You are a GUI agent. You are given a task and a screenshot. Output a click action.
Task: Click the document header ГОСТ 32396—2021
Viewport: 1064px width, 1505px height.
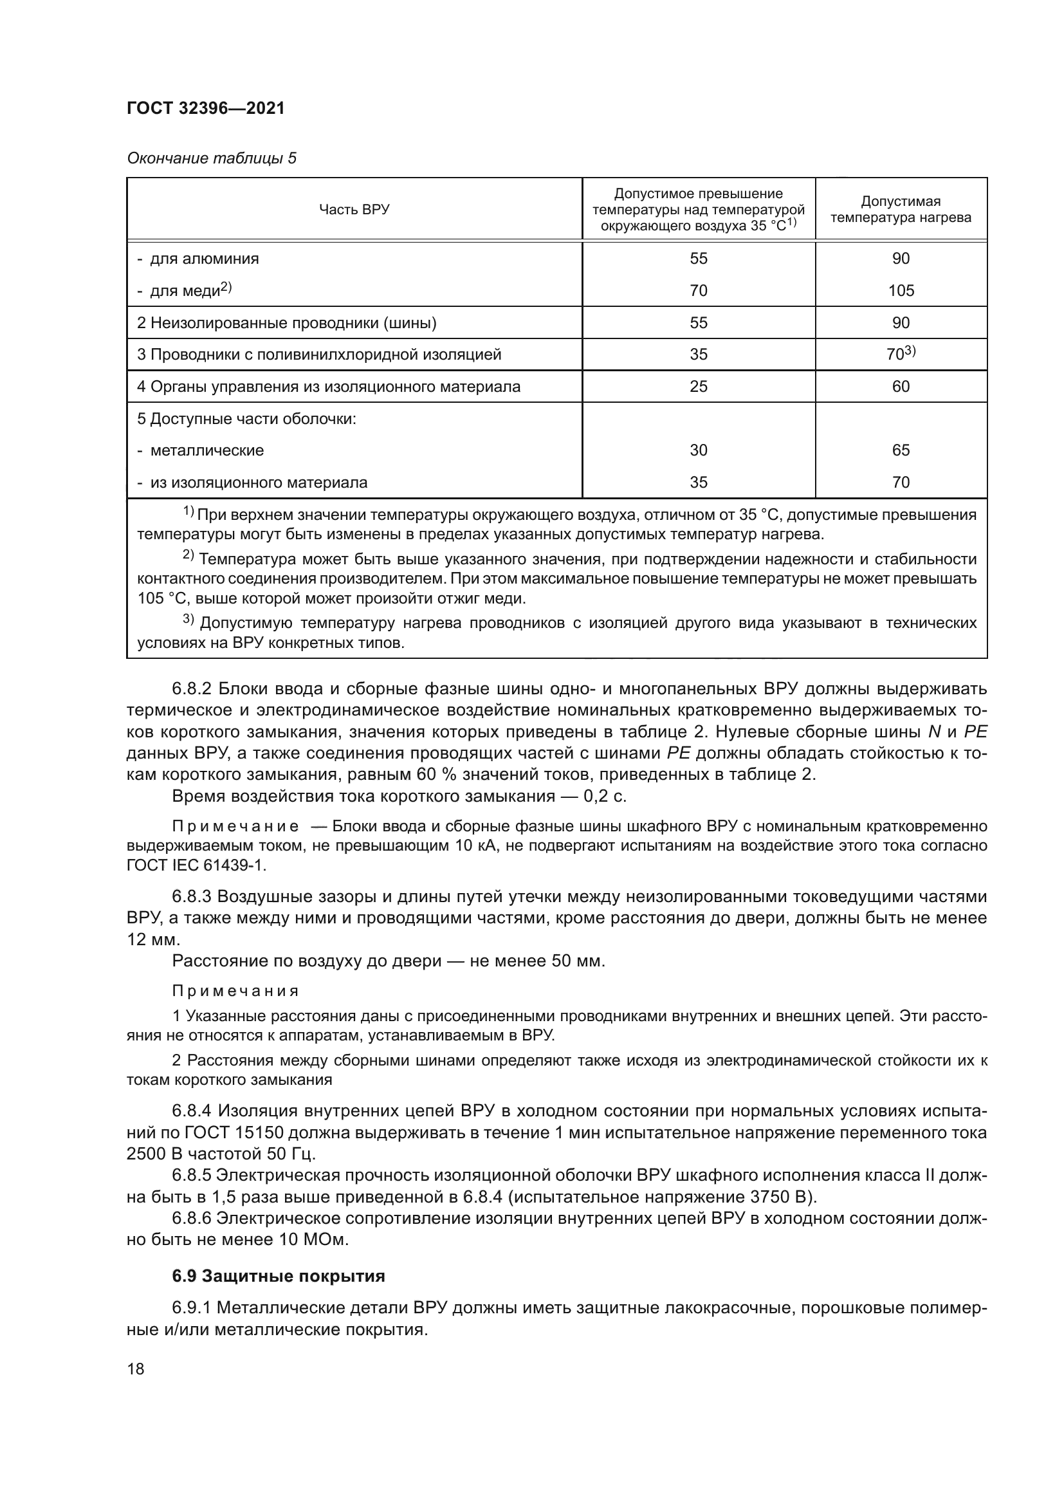206,109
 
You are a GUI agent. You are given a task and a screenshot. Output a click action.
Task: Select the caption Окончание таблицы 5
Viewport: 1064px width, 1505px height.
211,159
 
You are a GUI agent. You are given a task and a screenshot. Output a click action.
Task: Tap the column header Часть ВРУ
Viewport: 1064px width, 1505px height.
354,210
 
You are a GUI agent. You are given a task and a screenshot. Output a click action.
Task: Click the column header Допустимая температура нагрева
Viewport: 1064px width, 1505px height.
901,210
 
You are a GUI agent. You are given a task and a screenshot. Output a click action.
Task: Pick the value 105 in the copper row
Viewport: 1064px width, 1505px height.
901,290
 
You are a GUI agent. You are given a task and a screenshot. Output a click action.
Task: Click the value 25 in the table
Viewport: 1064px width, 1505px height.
699,386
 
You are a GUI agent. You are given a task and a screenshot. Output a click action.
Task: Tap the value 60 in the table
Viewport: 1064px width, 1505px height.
901,386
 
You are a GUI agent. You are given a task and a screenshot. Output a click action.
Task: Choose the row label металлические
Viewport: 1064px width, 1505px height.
207,450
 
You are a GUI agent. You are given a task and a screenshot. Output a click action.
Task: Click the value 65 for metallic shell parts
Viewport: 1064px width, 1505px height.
901,450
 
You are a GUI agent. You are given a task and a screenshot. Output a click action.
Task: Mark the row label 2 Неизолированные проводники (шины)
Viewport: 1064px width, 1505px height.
287,322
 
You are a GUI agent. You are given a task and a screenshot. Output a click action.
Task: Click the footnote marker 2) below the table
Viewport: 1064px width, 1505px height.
188,557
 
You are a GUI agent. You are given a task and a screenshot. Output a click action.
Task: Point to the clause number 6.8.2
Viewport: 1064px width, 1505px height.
191,689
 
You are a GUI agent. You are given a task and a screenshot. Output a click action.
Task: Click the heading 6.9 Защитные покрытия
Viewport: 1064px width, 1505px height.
278,1276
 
